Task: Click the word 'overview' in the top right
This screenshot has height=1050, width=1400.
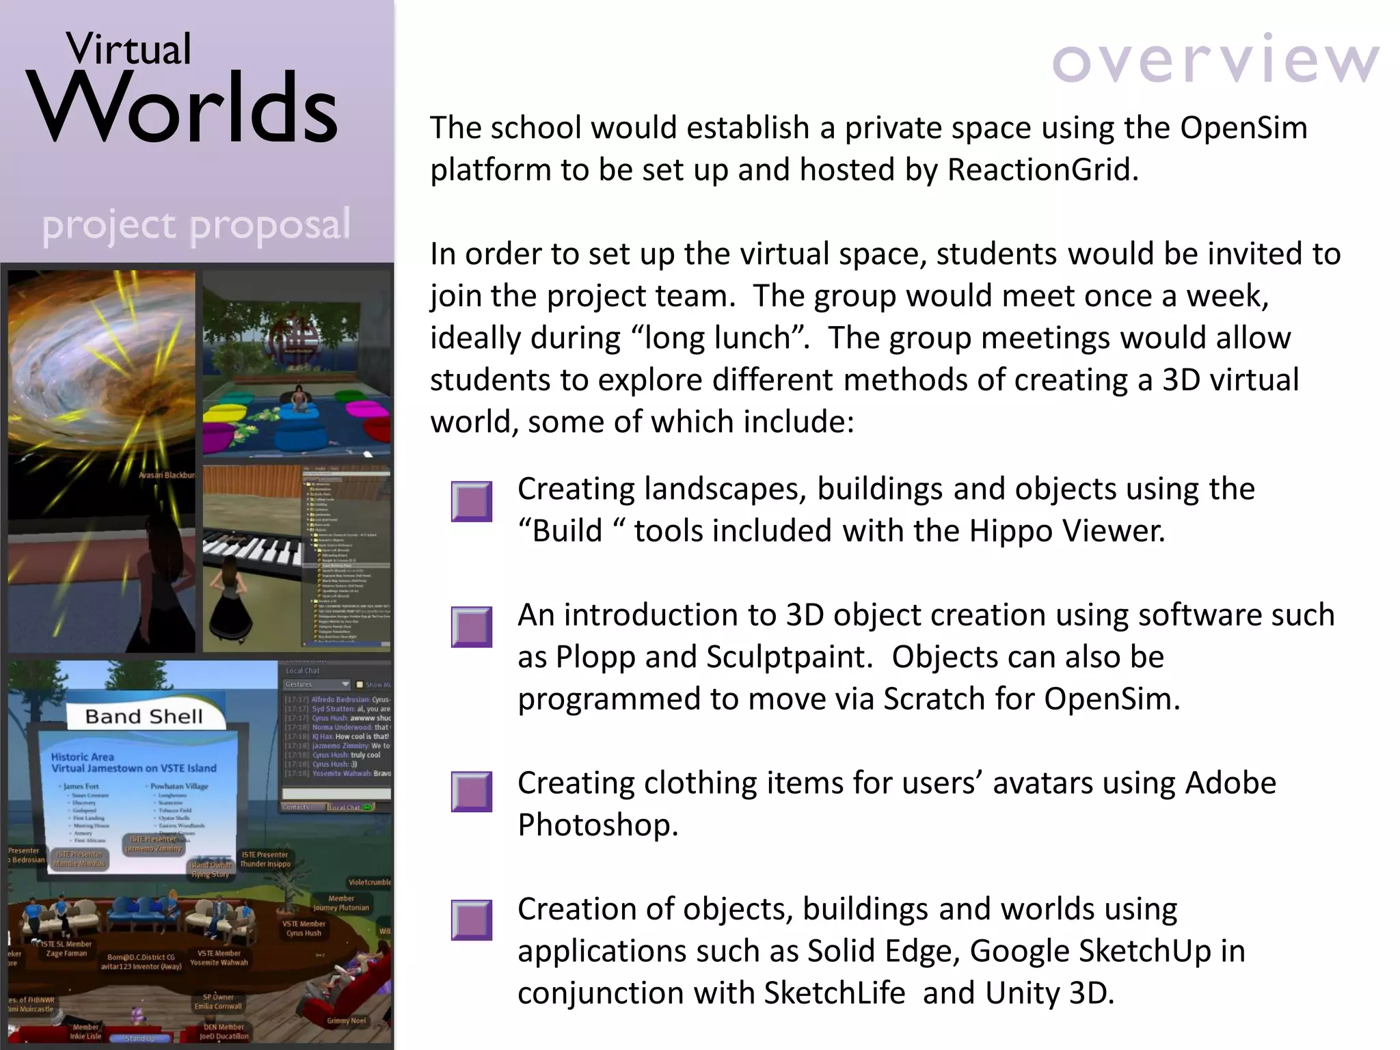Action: [1215, 60]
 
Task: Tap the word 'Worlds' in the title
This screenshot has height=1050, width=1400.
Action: [183, 108]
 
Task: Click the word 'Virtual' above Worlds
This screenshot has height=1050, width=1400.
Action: [129, 49]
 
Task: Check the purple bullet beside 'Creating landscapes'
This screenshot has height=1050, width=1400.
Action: [472, 502]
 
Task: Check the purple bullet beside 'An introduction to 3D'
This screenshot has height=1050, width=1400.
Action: [472, 627]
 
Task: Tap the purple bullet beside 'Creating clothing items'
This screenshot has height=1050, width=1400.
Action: [472, 792]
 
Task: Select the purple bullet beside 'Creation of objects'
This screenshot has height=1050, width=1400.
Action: [472, 920]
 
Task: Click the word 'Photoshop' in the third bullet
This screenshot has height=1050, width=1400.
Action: [596, 825]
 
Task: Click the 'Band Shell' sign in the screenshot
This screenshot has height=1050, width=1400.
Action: [144, 716]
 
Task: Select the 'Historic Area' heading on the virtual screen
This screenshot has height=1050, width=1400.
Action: [83, 757]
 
